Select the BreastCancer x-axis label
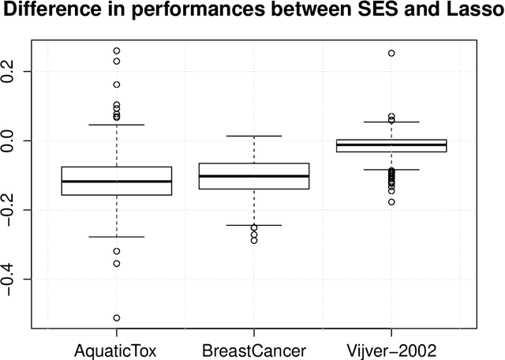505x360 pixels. [254, 349]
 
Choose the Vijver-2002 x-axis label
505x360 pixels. [391, 349]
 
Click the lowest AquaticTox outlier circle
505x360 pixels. [117, 318]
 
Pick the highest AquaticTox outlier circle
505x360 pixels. [117, 51]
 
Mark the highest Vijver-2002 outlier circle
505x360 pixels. [391, 54]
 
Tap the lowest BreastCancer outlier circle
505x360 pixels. [254, 240]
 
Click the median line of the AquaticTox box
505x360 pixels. [117, 182]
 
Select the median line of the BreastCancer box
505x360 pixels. [254, 176]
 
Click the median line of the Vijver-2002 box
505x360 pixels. [391, 145]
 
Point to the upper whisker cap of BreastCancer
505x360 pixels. [254, 136]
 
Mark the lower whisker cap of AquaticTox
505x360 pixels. [117, 237]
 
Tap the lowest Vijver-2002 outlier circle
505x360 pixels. [391, 202]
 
